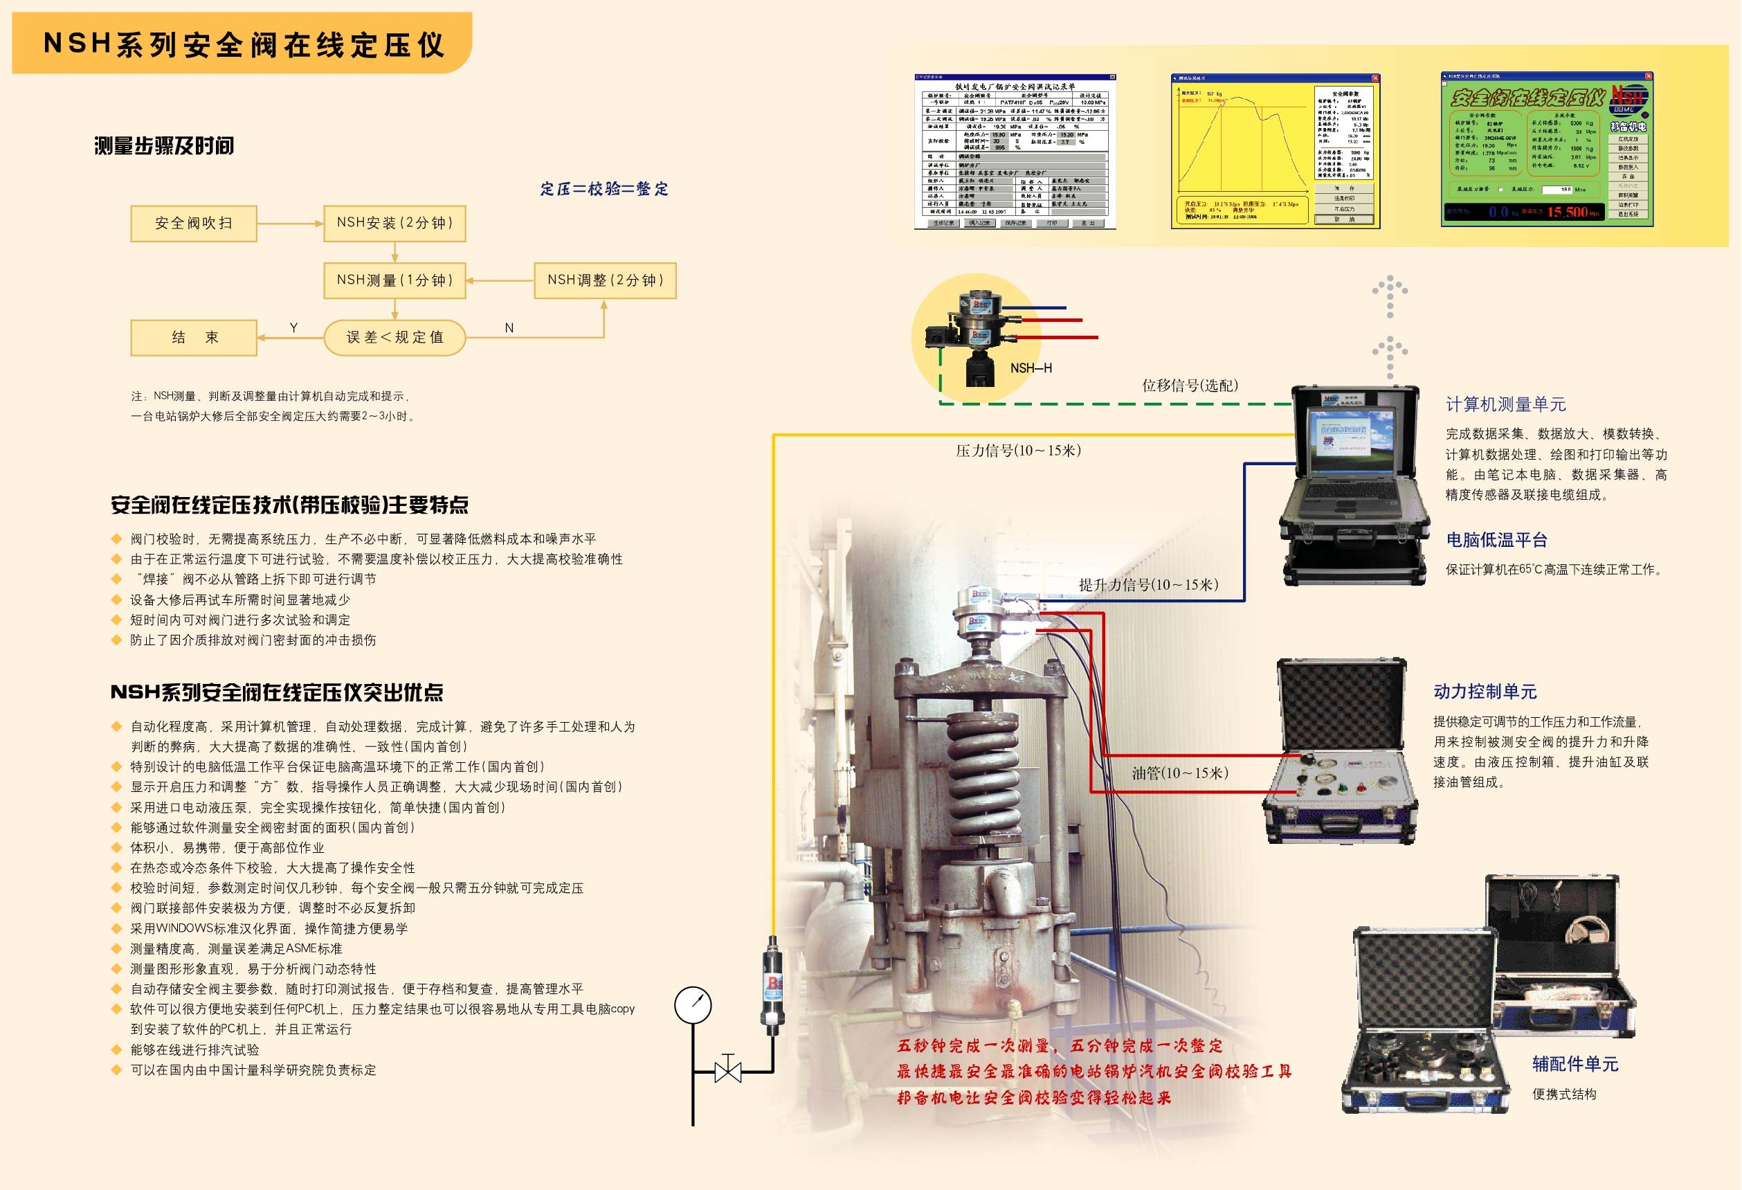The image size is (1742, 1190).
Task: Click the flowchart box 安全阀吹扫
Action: click(193, 224)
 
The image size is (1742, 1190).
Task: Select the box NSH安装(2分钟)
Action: click(394, 224)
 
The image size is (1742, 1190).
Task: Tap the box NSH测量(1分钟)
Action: click(394, 280)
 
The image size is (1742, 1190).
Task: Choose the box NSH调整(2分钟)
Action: click(605, 280)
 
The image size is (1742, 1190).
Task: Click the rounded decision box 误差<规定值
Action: click(394, 337)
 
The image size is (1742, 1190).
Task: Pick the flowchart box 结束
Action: click(193, 337)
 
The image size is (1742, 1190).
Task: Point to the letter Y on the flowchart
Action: click(294, 327)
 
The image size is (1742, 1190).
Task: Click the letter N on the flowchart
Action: click(509, 327)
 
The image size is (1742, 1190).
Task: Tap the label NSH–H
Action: click(1031, 368)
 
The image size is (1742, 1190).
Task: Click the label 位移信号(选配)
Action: click(1190, 386)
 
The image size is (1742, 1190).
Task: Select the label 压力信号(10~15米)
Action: click(1018, 451)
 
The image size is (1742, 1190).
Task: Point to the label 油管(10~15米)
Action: click(1180, 773)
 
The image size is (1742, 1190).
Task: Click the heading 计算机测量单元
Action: click(1505, 405)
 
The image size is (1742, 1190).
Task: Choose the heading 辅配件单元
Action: click(1575, 1064)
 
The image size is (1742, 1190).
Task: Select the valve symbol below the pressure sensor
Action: click(728, 1071)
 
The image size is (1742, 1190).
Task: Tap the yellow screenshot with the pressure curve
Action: click(1274, 150)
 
